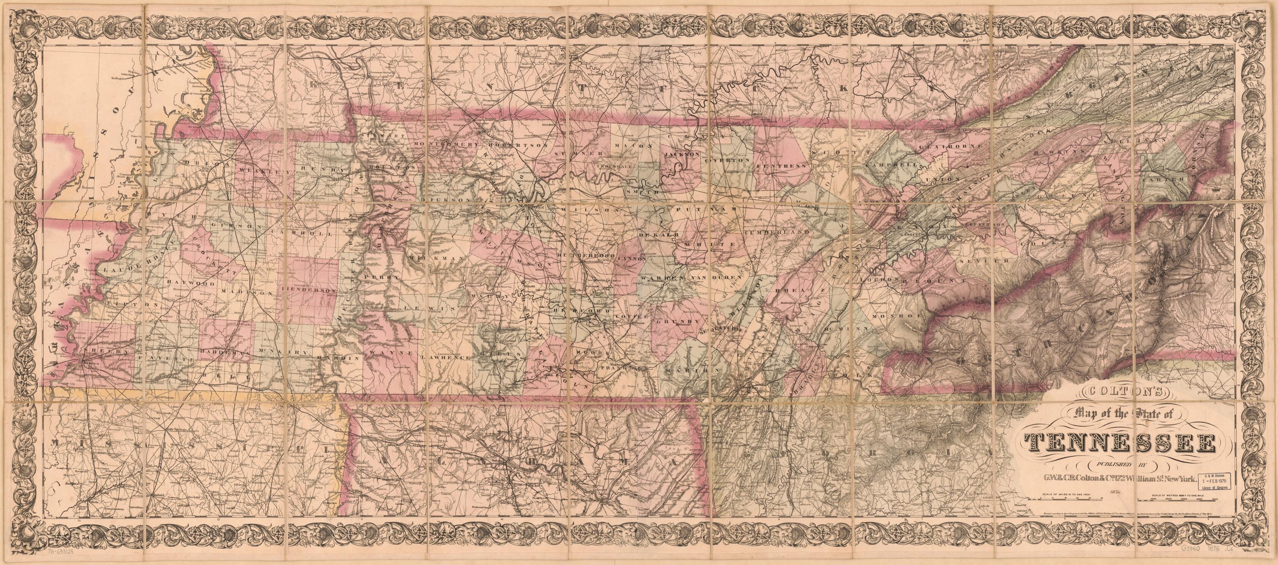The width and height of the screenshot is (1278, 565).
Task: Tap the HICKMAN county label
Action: coord(437,259)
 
